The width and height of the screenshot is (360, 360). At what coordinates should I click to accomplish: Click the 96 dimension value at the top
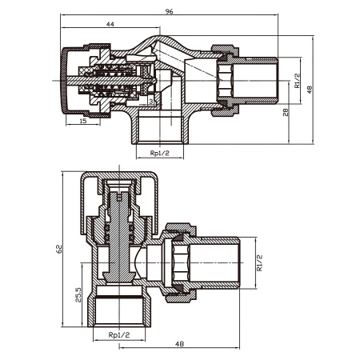(169, 11)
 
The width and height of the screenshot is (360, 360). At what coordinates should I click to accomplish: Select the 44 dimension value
(110, 24)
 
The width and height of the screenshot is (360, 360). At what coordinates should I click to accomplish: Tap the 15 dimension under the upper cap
(83, 121)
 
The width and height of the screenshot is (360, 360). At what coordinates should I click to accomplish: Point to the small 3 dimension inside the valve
(151, 102)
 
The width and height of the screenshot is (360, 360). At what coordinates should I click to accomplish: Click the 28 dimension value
(286, 112)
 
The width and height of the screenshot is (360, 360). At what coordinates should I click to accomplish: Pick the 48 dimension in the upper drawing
(310, 90)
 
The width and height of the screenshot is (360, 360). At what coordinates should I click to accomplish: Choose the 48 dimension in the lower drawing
(179, 344)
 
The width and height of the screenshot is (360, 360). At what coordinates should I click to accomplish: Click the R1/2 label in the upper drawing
(297, 80)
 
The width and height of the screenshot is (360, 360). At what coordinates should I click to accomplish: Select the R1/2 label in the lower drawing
(259, 263)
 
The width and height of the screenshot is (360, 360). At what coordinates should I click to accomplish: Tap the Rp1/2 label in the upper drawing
(160, 153)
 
